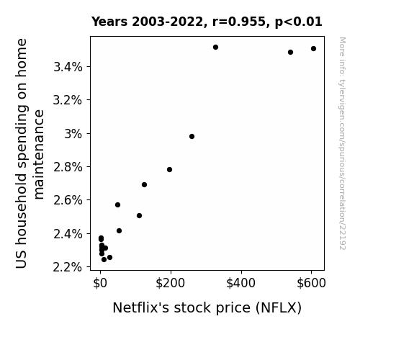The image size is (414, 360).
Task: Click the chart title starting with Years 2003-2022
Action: point(207,22)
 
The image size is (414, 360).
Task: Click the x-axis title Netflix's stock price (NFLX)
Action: point(207,308)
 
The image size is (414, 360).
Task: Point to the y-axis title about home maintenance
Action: point(30,153)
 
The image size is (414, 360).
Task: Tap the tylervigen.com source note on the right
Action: point(342,143)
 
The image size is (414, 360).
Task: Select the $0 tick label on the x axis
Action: point(100,284)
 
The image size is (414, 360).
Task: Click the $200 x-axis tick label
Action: point(171,284)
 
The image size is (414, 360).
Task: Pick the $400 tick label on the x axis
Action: point(240,284)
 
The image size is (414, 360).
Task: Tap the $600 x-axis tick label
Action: point(311,284)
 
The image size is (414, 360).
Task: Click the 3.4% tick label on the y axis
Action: point(68,67)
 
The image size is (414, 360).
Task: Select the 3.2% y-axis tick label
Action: point(68,100)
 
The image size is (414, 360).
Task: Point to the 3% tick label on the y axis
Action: point(73,134)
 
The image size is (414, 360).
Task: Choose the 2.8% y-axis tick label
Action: point(68,167)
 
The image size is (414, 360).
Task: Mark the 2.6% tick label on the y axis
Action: point(68,200)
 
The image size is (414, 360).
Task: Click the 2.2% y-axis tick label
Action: point(68,267)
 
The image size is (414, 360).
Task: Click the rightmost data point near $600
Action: point(313,48)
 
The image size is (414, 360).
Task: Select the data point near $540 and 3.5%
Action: point(290,53)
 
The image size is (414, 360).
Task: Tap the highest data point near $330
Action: point(215,48)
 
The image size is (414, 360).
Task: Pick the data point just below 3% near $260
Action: point(192,137)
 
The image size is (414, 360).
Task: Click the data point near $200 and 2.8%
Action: point(169,170)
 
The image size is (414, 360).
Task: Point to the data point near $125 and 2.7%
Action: point(144,184)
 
